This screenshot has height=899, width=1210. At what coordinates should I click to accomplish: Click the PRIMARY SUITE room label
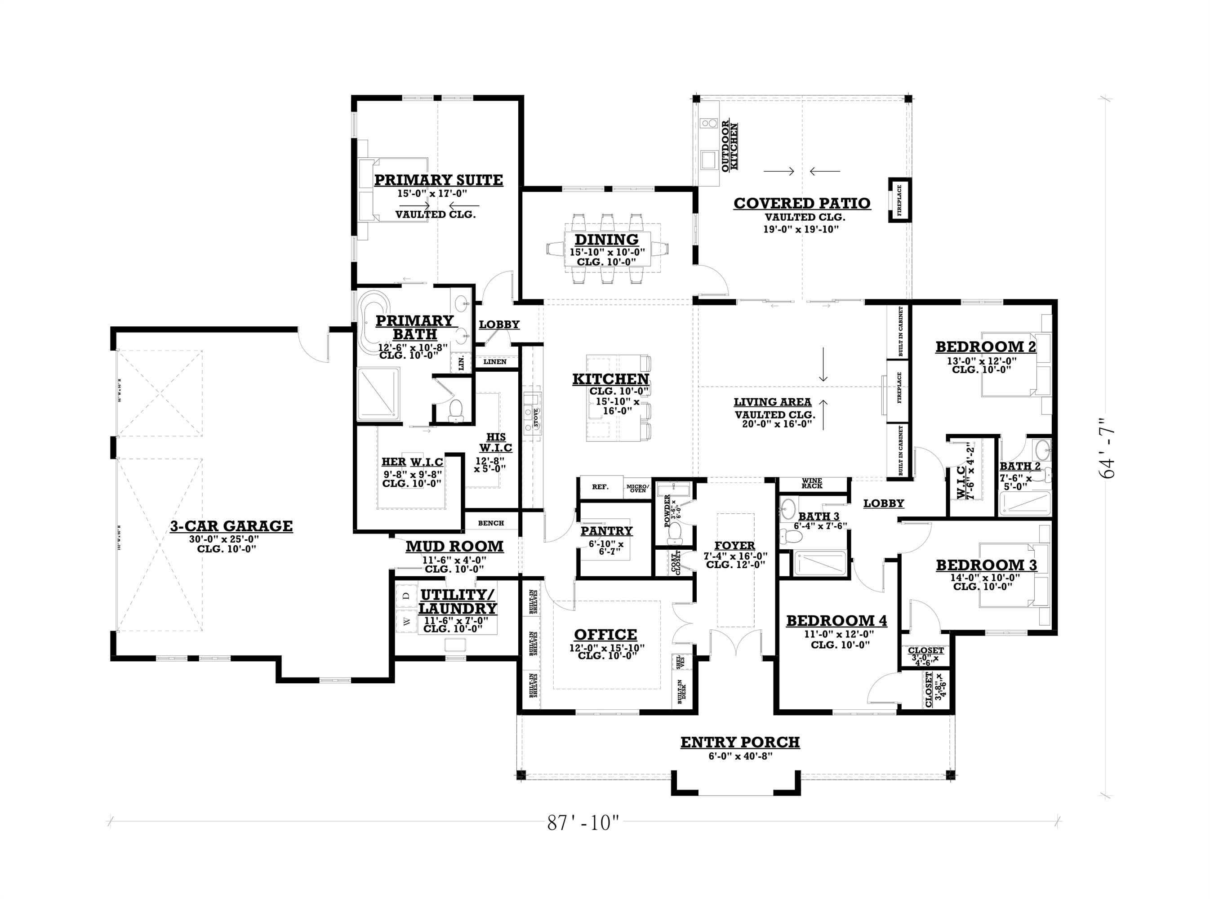438,180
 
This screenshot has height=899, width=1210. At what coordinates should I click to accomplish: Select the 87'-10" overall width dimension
583,823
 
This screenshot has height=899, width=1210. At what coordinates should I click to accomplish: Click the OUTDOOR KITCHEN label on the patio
730,147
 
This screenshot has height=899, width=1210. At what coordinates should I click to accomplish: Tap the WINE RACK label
812,483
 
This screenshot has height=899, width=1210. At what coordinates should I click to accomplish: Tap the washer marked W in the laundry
405,621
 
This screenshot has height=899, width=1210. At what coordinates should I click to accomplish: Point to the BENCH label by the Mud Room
491,523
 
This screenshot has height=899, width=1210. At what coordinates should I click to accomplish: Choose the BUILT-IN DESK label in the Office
681,692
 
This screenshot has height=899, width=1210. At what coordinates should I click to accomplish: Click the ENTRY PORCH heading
740,742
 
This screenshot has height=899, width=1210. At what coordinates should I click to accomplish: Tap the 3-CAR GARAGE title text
231,526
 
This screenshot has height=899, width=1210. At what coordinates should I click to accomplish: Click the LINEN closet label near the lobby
494,361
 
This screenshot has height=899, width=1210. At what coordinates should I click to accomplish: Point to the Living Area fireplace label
899,387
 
